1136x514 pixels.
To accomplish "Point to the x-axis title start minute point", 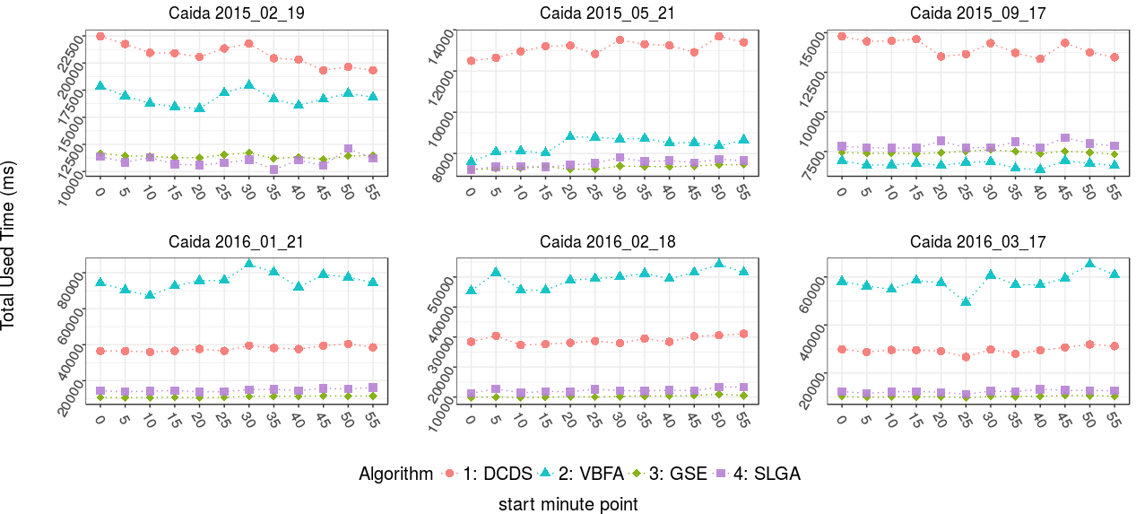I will pos(568,504).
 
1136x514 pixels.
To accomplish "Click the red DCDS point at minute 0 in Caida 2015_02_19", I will pos(100,36).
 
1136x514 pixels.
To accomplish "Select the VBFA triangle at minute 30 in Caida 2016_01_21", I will pos(249,264).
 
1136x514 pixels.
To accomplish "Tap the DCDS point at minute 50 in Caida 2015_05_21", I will pos(719,37).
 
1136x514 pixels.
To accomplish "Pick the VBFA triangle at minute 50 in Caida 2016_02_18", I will pos(719,264).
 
